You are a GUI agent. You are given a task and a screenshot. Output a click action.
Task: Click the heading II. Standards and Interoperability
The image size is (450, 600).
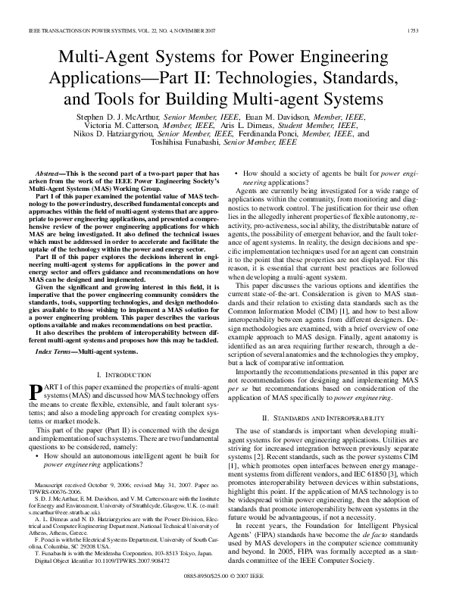327,417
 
